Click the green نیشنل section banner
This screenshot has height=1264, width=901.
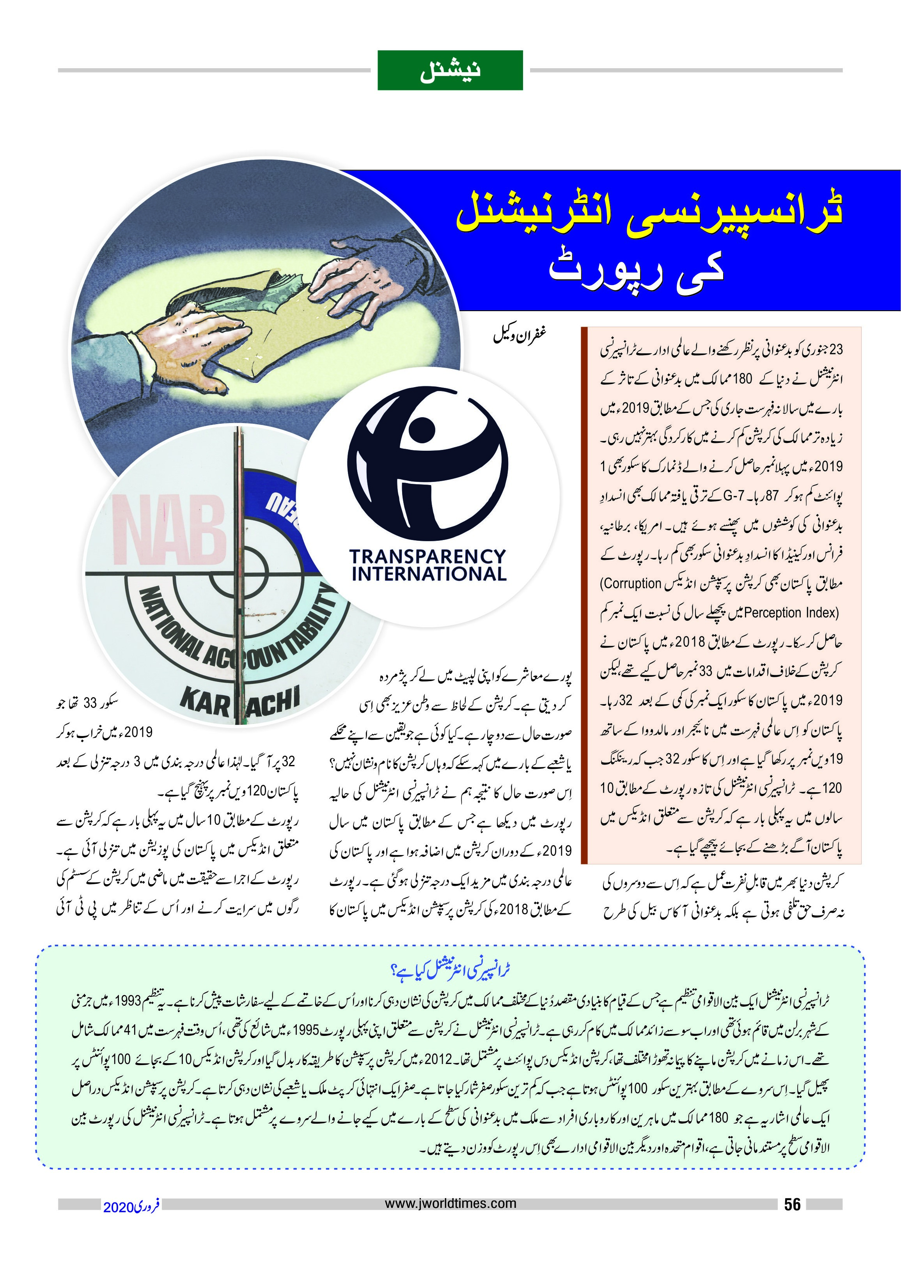pos(450,71)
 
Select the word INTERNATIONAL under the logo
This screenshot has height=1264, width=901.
pos(429,574)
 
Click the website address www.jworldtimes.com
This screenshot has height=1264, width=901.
pos(450,1203)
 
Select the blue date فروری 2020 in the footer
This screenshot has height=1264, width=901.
pos(131,1206)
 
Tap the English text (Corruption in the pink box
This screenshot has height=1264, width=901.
pos(631,584)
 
